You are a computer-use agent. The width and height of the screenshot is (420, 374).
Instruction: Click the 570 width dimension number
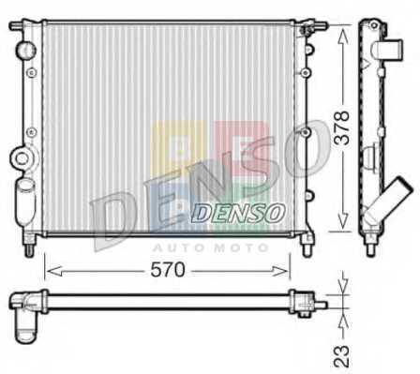(168, 270)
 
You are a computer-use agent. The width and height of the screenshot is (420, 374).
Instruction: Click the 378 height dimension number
(341, 127)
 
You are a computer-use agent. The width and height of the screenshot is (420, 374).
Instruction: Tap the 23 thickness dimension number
(341, 355)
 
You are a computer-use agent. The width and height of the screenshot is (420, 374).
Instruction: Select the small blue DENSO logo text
(238, 214)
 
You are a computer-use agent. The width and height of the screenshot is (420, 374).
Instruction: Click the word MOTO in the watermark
(242, 248)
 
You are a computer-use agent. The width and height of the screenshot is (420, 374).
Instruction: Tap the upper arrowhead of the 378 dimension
(343, 36)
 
